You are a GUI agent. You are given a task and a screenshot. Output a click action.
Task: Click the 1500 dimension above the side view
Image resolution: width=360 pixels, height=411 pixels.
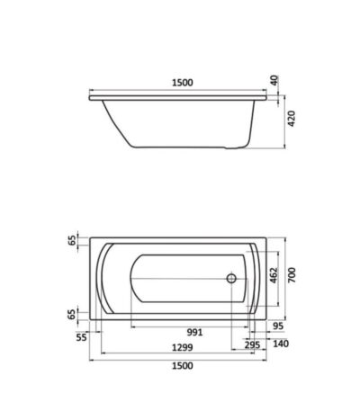point(183,83)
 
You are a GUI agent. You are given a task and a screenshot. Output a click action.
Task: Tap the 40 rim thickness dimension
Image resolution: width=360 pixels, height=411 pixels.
point(274,80)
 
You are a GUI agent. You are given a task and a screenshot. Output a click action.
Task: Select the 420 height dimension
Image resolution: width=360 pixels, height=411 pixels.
point(292,119)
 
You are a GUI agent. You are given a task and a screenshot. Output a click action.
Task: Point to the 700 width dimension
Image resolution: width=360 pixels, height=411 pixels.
point(292,275)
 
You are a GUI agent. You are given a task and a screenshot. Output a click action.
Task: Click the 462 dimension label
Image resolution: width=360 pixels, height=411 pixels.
point(274,275)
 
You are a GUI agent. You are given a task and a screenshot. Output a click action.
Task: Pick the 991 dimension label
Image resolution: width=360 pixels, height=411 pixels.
point(194,332)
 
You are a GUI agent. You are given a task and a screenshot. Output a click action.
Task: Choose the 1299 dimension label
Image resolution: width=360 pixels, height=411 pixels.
point(183,348)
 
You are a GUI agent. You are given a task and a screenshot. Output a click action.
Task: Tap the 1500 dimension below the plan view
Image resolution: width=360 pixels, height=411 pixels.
point(183,366)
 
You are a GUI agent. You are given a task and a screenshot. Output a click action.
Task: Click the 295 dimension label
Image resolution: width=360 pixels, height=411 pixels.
point(252,345)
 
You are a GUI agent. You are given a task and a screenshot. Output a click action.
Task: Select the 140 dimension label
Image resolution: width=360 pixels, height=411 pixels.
point(281,344)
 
